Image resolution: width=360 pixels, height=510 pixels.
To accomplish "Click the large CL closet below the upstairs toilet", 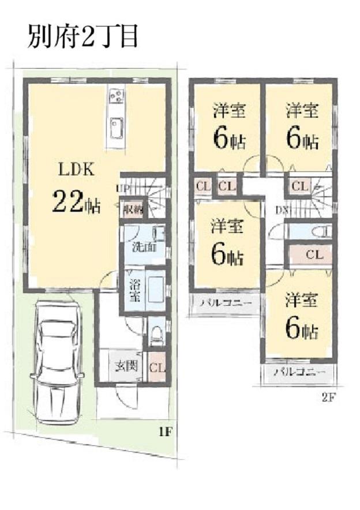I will click(312, 254).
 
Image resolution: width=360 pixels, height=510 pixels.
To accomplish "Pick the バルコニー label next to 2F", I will click(295, 372).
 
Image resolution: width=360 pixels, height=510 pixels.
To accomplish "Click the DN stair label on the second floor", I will click(281, 209).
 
